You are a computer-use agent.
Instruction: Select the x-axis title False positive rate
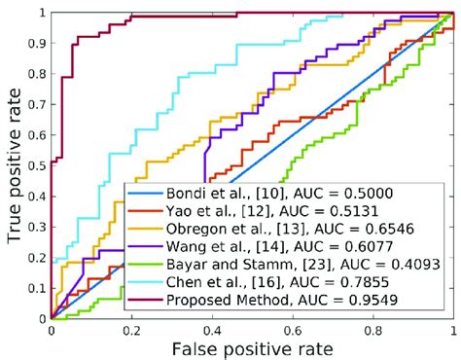point(252,348)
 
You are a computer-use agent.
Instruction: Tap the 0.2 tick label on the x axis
point(131,330)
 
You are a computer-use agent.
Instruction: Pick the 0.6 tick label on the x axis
point(292,330)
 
